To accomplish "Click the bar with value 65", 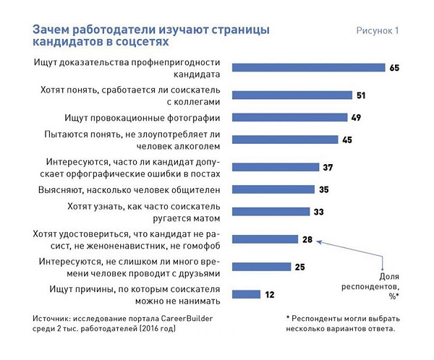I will click(307, 68).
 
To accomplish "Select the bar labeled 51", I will click(292, 95).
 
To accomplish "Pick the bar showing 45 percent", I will click(284, 140).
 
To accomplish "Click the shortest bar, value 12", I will click(246, 293).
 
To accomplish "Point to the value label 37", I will click(328, 167).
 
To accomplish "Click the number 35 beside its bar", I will click(323, 189).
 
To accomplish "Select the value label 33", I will click(319, 212).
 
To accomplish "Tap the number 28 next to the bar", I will click(307, 239).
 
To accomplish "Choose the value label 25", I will click(299, 266).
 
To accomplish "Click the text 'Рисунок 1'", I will click(377, 31).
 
